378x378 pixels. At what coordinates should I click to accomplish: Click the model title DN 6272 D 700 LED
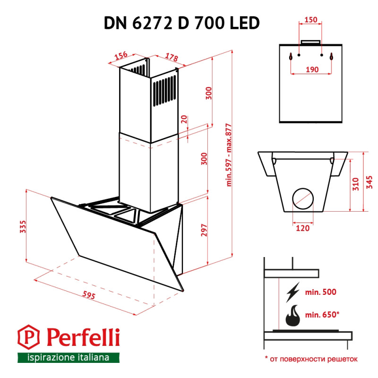coord(182,23)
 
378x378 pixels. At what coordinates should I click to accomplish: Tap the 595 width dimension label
coord(88,296)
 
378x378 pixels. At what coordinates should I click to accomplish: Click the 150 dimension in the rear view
coord(310,20)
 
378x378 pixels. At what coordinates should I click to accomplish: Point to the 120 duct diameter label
coord(302,228)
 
